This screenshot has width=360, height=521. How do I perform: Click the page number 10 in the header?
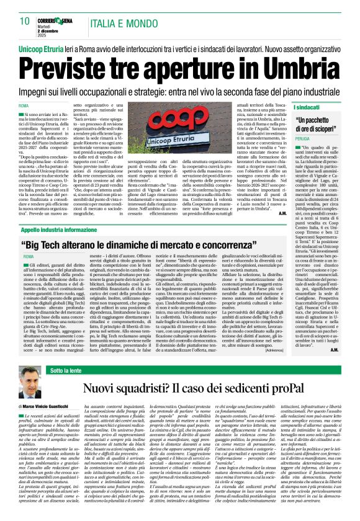(x=25, y=20)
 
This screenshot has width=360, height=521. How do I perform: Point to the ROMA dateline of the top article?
(x=24, y=107)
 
